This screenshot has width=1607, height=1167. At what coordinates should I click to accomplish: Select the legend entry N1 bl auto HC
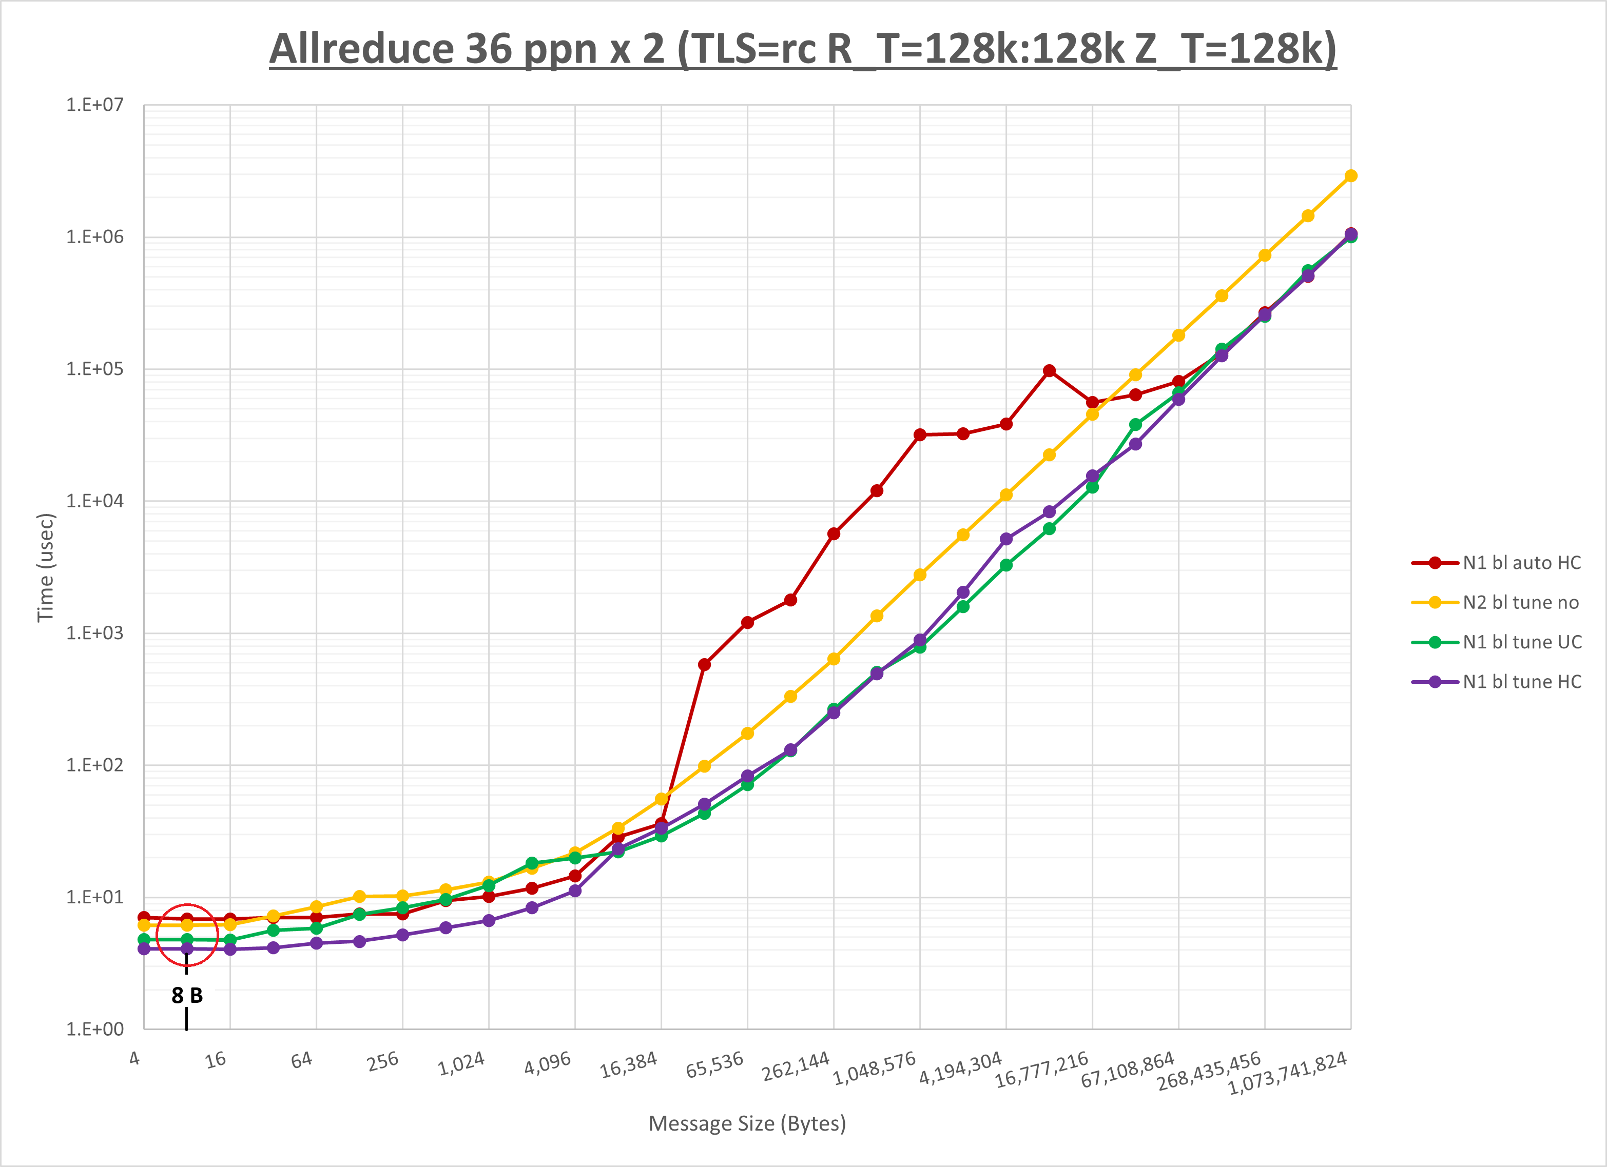[x=1521, y=563]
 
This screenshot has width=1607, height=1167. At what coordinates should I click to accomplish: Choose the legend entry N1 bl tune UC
[x=1522, y=642]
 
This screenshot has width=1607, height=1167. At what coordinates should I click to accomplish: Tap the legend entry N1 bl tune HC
[x=1522, y=682]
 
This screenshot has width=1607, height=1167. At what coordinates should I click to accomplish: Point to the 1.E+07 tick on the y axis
[x=94, y=105]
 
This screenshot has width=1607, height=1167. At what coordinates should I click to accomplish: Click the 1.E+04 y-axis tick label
[x=94, y=501]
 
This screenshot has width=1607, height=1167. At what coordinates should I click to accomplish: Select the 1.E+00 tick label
[x=94, y=1029]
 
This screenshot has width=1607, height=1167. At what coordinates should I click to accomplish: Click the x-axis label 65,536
[x=715, y=1065]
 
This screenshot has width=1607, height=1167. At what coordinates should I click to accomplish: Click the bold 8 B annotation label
[x=187, y=996]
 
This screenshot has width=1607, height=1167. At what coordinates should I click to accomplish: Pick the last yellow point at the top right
[x=1350, y=175]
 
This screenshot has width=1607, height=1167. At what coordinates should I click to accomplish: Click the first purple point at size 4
[x=144, y=948]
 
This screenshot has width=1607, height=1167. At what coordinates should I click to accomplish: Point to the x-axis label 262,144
[x=796, y=1066]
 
